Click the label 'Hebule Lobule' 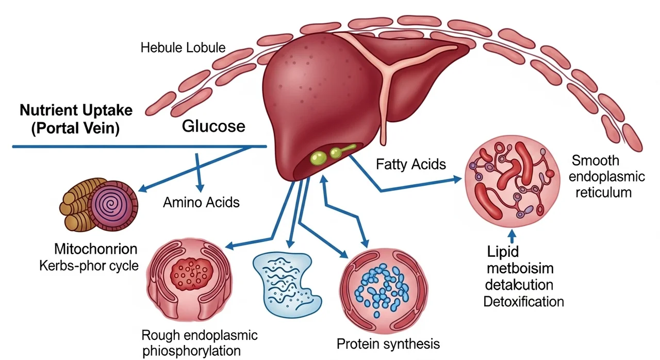tap(183, 48)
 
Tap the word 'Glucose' tap(214, 127)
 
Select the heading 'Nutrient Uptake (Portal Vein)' tap(76, 120)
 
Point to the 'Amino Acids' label tap(201, 202)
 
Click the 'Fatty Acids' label tap(411, 165)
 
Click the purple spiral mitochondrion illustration tap(112, 205)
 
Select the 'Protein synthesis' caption tap(388, 343)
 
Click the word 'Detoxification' tap(523, 301)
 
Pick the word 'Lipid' tap(503, 252)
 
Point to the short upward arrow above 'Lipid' tap(512, 235)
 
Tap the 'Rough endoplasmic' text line tap(199, 336)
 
